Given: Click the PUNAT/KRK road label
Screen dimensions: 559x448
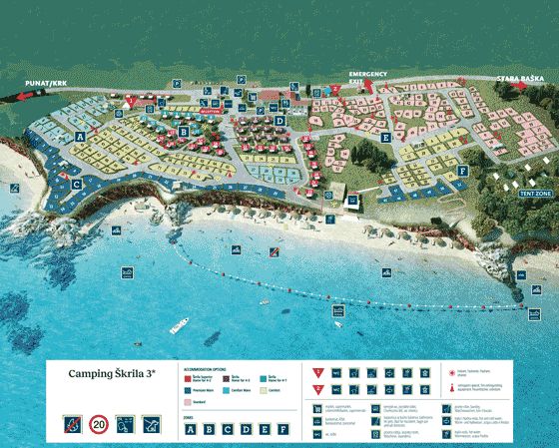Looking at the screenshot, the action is (x=46, y=83).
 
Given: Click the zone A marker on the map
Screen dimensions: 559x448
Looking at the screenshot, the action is (x=79, y=136).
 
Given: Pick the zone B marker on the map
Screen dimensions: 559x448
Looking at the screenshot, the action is (x=184, y=131).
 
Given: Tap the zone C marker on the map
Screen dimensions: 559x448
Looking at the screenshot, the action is (x=76, y=184).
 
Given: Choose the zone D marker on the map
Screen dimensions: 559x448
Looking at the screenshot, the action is (x=280, y=122).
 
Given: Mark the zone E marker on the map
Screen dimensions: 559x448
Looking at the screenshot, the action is (x=385, y=137).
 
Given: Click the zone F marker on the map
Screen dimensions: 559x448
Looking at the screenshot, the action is (x=462, y=171).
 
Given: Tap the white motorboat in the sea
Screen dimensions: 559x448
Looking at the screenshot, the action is (x=180, y=325).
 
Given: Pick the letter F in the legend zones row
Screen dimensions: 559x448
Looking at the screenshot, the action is (x=284, y=430).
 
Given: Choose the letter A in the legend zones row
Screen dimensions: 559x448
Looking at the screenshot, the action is (x=191, y=430).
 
